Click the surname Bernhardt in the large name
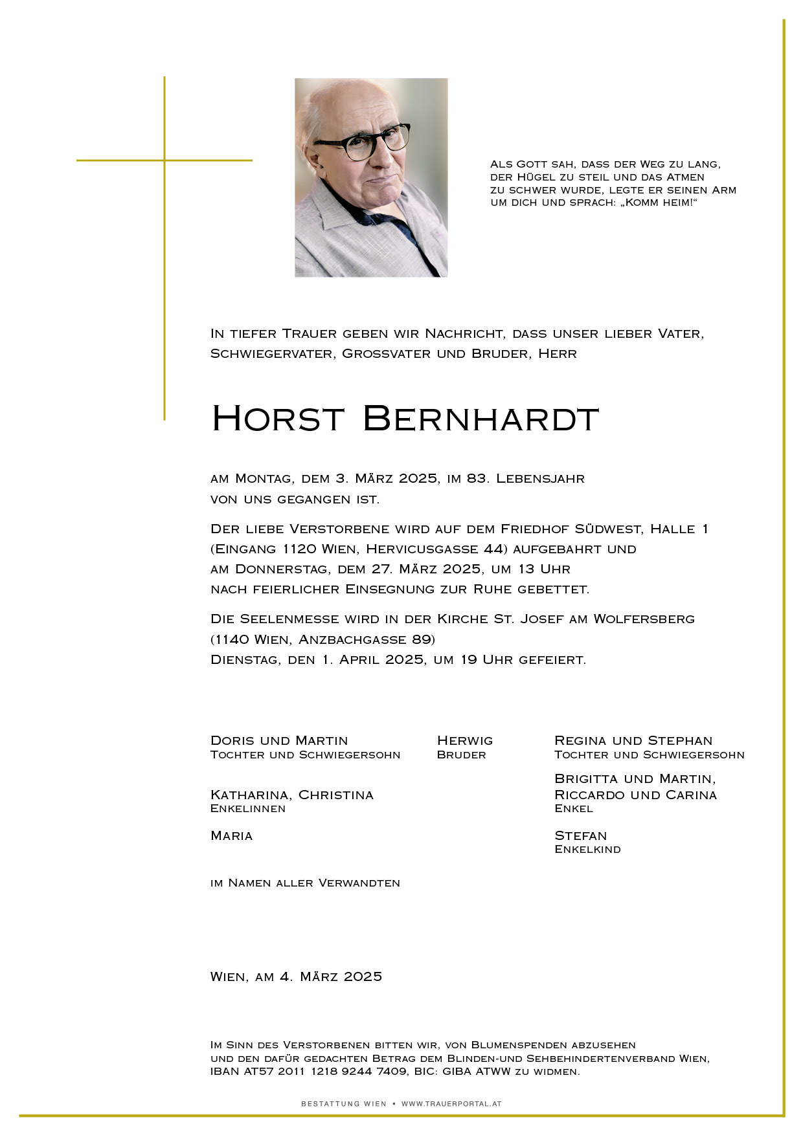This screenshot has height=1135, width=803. pos(481,419)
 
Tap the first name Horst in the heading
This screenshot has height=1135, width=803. pos(277,419)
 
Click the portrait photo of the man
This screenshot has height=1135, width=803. pos(371,178)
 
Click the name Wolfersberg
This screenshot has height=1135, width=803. pos(644,619)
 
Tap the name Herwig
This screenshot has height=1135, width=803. pos(465,740)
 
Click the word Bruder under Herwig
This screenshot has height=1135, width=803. pos(461,755)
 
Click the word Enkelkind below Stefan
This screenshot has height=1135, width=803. pos(587,850)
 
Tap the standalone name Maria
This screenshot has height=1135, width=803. pos(232,836)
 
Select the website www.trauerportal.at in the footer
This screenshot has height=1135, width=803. pos(451,1104)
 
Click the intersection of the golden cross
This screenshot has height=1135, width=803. pos(164,160)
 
